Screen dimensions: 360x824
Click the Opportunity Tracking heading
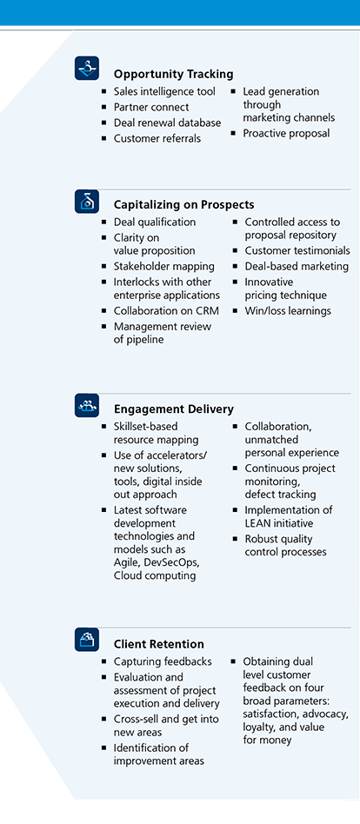click(173, 74)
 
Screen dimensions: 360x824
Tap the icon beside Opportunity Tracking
click(87, 68)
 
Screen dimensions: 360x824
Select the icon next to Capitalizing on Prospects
click(87, 202)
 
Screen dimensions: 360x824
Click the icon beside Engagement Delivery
click(87, 405)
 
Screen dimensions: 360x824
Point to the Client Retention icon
click(87, 640)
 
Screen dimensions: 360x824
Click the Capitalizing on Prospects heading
click(184, 205)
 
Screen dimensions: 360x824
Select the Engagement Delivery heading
click(174, 409)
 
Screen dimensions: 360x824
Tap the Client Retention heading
click(159, 644)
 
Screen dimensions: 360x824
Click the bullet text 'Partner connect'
click(151, 107)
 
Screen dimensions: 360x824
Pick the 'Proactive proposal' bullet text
click(286, 134)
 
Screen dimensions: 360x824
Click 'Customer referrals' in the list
click(157, 139)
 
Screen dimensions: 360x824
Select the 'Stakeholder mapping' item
click(164, 267)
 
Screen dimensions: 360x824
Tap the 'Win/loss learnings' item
click(288, 310)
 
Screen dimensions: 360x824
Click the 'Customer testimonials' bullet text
click(297, 250)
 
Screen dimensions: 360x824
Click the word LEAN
click(258, 523)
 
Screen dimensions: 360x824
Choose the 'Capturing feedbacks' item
click(163, 661)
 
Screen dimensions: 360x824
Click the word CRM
click(207, 310)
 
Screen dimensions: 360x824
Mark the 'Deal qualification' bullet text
click(155, 223)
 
